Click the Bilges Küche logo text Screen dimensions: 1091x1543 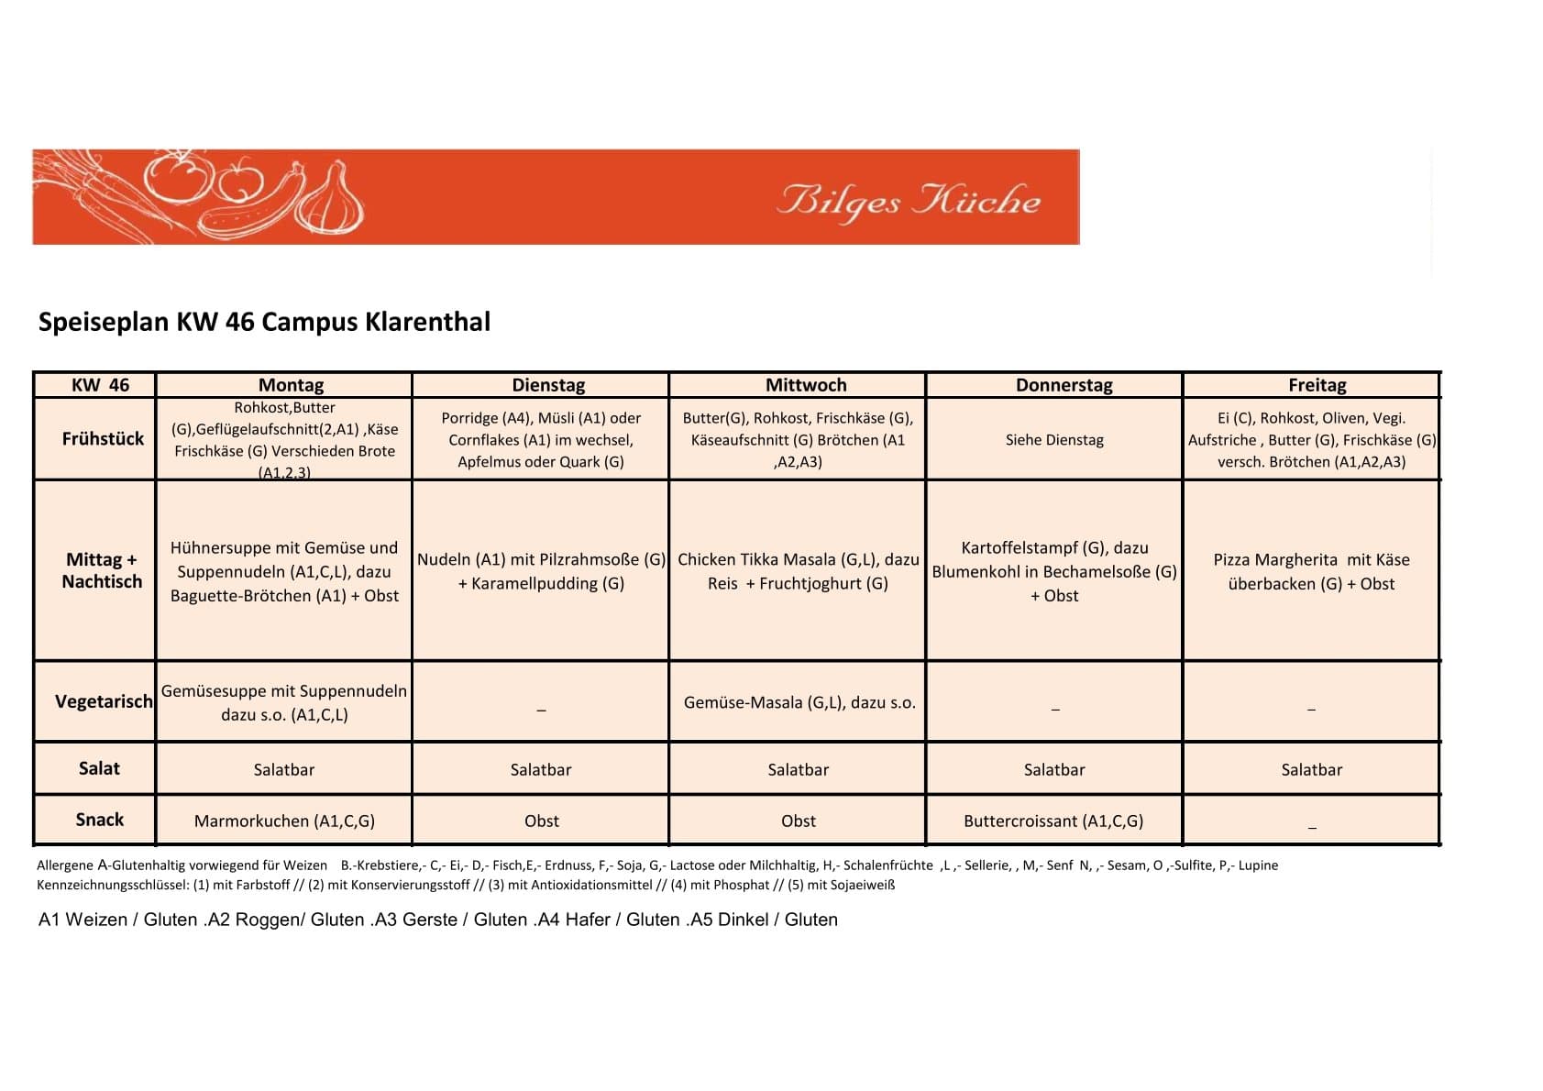(x=909, y=200)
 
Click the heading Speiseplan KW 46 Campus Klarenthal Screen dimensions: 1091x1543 (x=264, y=322)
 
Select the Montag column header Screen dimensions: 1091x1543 (x=291, y=385)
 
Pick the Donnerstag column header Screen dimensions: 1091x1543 (x=1064, y=385)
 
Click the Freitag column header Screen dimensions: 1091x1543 (x=1317, y=385)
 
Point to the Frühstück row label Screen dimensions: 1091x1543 (x=103, y=438)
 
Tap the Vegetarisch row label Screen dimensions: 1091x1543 (x=104, y=701)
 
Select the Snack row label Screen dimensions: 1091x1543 (x=99, y=820)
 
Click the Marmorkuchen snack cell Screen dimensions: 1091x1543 (x=284, y=821)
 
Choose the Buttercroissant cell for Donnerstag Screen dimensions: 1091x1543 (x=1053, y=821)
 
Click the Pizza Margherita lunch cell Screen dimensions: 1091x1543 (x=1311, y=571)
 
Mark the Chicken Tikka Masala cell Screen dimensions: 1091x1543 (x=798, y=571)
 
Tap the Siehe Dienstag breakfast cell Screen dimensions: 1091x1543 (x=1054, y=440)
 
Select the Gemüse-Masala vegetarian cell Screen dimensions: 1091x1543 (x=799, y=702)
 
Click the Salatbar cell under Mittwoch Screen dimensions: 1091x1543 (x=798, y=770)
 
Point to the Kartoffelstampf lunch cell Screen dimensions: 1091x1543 (x=1054, y=571)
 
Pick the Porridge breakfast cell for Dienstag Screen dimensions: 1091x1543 (x=541, y=440)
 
